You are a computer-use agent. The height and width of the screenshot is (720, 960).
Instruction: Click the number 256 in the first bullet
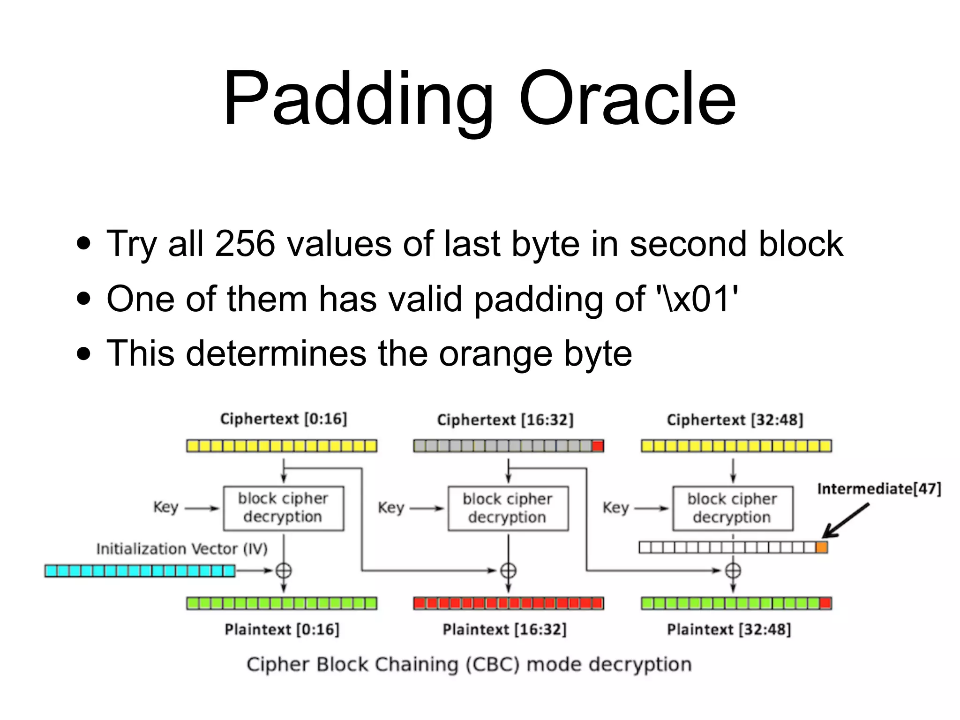245,244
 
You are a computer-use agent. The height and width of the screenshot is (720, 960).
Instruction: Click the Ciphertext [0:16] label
284,419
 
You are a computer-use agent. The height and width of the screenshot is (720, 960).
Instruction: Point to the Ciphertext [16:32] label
505,420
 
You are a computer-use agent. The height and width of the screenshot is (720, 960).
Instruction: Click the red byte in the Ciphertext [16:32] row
598,446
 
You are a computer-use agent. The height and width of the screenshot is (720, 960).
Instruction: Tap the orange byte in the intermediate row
821,547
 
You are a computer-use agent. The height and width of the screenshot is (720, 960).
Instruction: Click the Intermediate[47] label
879,489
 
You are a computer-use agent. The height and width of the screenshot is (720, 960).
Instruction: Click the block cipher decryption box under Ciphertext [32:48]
733,508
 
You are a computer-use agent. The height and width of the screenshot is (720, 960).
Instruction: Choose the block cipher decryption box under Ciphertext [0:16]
283,508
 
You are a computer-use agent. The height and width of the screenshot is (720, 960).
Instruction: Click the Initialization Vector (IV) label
182,548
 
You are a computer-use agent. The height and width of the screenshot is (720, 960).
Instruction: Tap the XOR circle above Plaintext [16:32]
508,570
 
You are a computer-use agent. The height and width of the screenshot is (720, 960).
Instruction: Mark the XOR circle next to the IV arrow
283,570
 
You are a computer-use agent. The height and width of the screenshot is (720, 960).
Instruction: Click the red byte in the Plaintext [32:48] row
825,603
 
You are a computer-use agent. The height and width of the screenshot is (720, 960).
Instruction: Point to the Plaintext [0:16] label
282,629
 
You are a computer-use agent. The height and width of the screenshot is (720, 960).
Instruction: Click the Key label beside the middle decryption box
390,508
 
